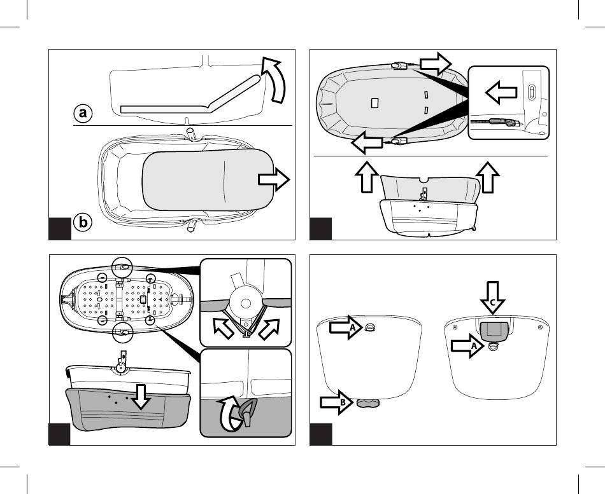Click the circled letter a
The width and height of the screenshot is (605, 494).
coord(82,113)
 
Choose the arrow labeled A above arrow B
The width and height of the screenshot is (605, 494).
coord(348,328)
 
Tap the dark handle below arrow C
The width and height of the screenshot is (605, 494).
coord(494,329)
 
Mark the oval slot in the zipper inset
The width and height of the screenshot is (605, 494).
coord(530,93)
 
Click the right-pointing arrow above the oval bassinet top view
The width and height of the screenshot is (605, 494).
coord(435,63)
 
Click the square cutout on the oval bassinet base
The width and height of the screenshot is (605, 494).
coord(375,104)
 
